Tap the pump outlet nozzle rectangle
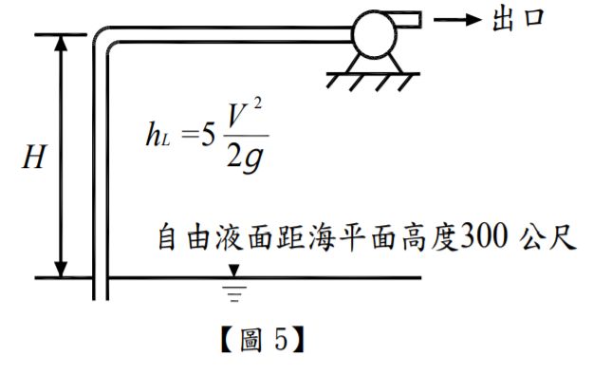pos(410,18)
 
